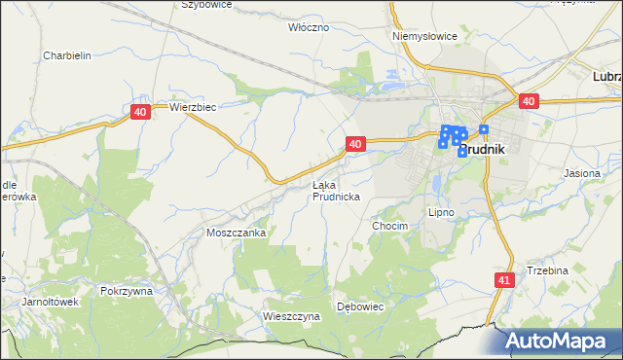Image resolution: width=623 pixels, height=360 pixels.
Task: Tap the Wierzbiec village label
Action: pos(192,107)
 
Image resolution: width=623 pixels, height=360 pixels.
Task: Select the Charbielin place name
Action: pos(67,55)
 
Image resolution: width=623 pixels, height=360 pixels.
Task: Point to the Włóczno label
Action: pos(310,27)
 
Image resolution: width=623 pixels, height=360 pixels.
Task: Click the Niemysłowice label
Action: pos(424,36)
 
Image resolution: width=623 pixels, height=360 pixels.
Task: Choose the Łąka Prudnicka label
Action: pos(337,191)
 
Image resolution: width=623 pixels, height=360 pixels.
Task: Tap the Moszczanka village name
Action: pos(237,234)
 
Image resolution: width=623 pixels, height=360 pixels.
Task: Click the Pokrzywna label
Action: pos(127,291)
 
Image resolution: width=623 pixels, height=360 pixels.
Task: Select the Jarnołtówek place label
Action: pos(50,302)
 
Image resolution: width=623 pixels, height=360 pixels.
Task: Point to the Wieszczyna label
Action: pos(292,316)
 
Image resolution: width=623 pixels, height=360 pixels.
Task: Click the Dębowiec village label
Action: pos(361,306)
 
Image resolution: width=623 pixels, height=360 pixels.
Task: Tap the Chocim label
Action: pos(389,225)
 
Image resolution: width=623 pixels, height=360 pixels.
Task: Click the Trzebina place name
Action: pos(546,270)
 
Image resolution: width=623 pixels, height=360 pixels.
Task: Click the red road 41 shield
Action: pos(502,280)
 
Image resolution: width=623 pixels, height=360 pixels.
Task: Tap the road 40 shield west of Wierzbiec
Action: pos(141,113)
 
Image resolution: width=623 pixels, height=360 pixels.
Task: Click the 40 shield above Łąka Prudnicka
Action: pos(355,144)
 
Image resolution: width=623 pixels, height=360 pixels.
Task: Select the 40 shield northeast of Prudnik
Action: pos(529,101)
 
